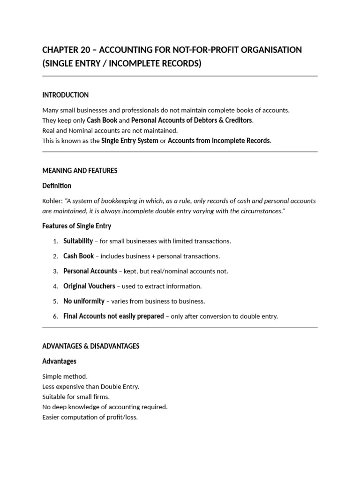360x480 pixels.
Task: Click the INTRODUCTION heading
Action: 65,95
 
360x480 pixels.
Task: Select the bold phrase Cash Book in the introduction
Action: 102,120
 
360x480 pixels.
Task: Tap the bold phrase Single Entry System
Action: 130,141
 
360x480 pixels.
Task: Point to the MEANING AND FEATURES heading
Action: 80,171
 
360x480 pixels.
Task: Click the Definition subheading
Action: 57,186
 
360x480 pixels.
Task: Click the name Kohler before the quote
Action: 51,201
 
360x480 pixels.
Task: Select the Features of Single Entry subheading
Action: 76,226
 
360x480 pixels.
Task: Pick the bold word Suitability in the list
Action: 78,241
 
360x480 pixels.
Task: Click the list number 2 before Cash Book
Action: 55,256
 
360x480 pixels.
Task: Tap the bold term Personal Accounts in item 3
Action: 90,271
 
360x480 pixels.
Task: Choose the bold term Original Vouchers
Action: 90,286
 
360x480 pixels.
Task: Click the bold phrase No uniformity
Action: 84,301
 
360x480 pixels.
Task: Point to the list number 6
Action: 55,316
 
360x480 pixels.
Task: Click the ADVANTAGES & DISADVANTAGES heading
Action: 90,346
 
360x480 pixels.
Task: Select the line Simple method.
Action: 65,376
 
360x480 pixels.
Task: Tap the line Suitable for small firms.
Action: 76,397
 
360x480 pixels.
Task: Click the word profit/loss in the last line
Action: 121,417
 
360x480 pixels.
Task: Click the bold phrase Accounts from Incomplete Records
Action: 219,141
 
